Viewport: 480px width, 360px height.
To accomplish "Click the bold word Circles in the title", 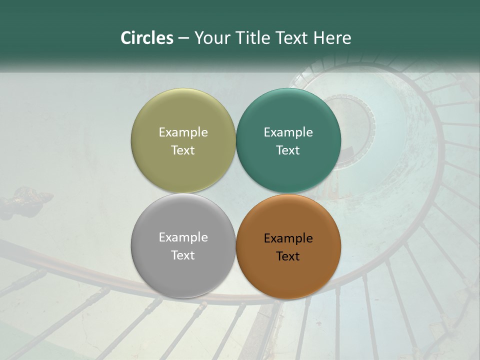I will click(x=147, y=38).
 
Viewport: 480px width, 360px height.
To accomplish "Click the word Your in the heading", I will click(x=213, y=38).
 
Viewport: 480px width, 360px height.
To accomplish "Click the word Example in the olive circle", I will click(x=183, y=132).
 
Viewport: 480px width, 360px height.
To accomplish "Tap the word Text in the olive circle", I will click(x=183, y=150).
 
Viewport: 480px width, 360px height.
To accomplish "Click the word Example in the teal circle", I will click(x=288, y=132).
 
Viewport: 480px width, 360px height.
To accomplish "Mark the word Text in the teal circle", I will click(x=288, y=150).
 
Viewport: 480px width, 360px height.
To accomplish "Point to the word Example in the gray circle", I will click(x=183, y=237).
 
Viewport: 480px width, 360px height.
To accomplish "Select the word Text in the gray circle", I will click(x=183, y=255).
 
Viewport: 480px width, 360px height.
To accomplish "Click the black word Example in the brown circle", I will click(x=288, y=238).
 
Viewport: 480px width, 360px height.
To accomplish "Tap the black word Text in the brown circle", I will click(x=288, y=256).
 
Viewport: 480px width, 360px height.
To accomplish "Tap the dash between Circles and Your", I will click(x=183, y=38).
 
